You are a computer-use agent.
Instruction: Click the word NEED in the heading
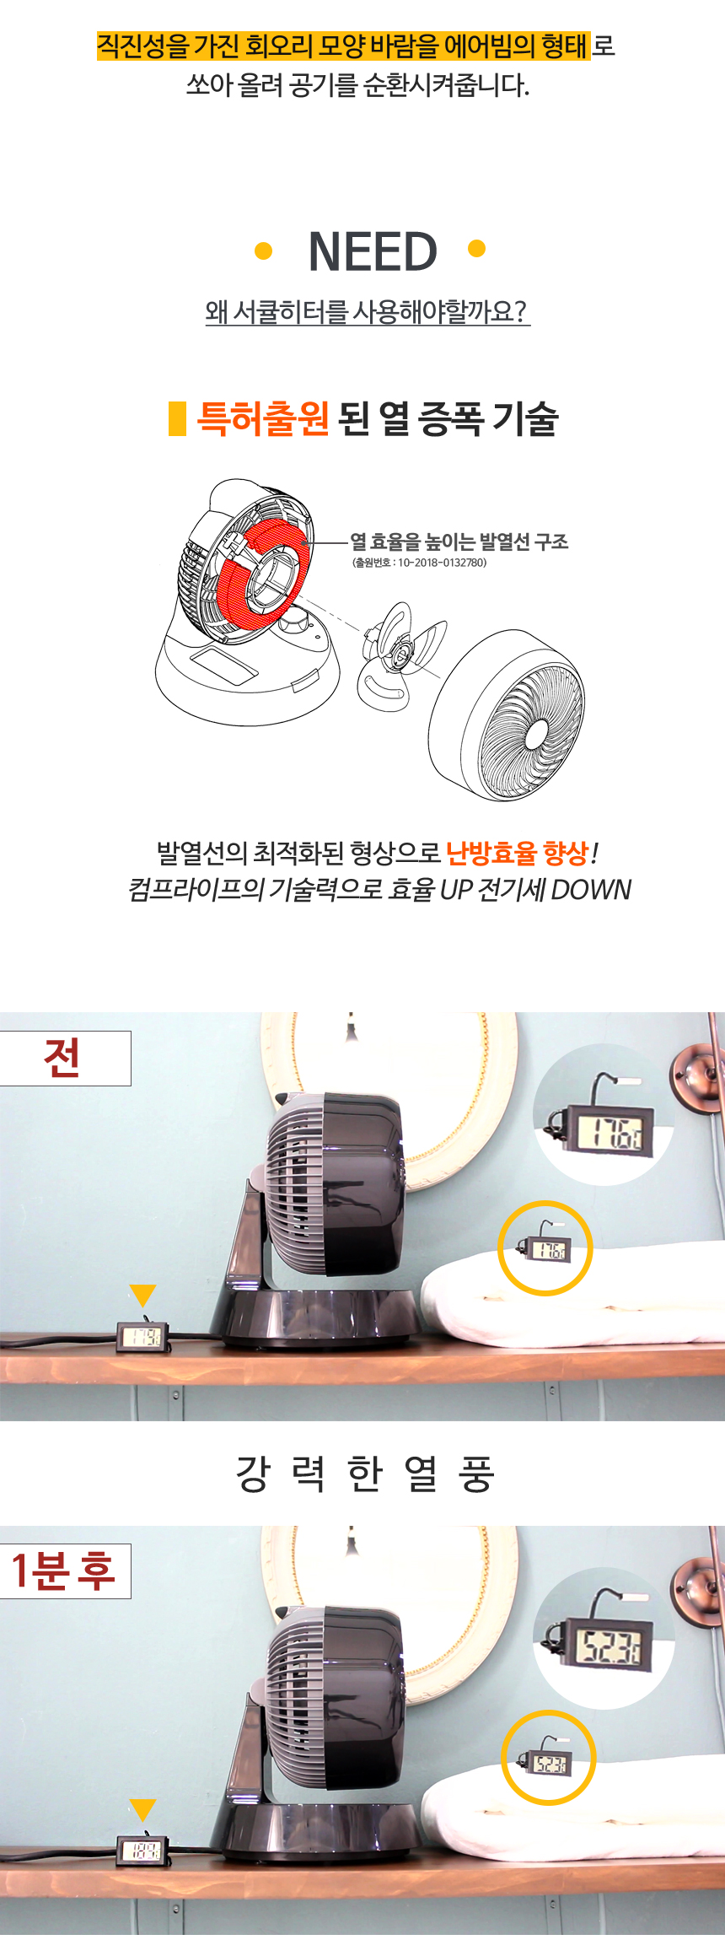tap(373, 251)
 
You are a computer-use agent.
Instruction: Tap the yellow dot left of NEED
tap(263, 251)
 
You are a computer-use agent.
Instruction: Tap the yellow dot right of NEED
tap(476, 248)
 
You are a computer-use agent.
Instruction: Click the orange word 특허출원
tap(262, 418)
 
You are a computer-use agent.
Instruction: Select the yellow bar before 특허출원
tap(177, 418)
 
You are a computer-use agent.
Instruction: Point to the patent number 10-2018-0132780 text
tap(420, 563)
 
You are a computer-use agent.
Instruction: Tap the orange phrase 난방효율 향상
tap(517, 853)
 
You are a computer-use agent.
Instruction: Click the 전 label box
tap(65, 1058)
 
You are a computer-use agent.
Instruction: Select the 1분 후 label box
tap(65, 1571)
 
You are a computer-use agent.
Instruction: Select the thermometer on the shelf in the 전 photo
tap(142, 1336)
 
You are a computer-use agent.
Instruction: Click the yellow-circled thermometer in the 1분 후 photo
tap(549, 1762)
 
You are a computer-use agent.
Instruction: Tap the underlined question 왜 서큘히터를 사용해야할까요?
tap(368, 311)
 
